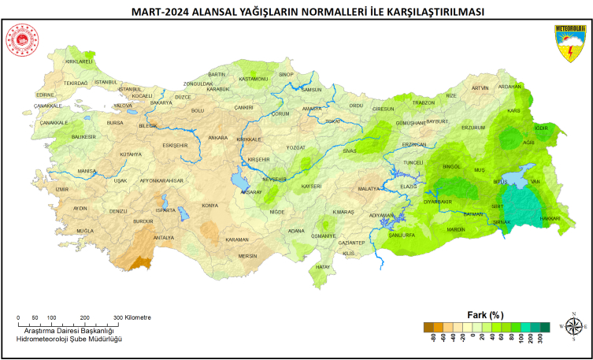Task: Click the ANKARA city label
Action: (x=217, y=138)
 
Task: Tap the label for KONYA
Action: (x=209, y=206)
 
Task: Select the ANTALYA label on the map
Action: (x=163, y=237)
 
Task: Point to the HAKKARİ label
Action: (x=550, y=218)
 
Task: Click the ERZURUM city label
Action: (x=473, y=127)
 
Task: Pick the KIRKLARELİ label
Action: (x=79, y=61)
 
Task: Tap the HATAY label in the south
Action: (x=323, y=267)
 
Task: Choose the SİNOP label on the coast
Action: (x=286, y=75)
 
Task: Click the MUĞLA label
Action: (x=84, y=230)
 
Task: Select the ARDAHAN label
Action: (x=510, y=87)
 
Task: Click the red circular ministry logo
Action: (x=20, y=39)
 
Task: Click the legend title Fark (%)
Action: (x=485, y=314)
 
